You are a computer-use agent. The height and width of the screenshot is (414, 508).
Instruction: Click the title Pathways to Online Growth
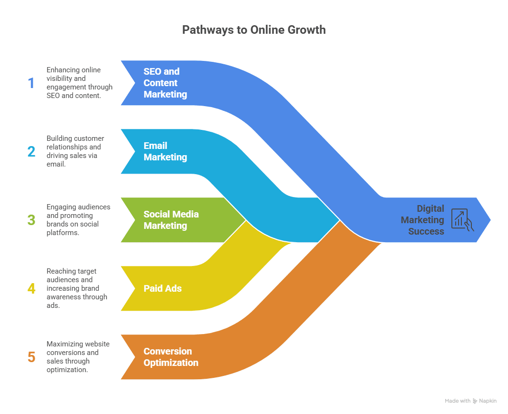point(254,30)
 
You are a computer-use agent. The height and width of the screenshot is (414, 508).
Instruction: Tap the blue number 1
point(31,83)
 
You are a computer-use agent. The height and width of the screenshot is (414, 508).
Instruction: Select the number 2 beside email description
point(31,152)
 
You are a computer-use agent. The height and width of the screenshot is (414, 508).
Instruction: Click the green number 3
point(31,220)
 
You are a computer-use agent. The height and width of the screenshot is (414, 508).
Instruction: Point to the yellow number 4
point(31,289)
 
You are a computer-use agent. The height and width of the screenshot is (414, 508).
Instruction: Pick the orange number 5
point(31,357)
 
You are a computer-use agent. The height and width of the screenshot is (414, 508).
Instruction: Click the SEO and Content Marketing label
point(165,83)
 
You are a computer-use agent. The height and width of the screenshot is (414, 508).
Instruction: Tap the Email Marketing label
point(165,151)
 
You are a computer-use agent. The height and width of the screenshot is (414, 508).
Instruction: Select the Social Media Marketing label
point(171,220)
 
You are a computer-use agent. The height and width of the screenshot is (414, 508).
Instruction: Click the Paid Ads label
point(163,288)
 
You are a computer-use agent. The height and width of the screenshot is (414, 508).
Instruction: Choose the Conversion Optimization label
point(171,357)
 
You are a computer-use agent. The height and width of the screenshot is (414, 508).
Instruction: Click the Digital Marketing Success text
point(422,220)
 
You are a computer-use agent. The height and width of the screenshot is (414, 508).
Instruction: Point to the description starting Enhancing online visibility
point(79,83)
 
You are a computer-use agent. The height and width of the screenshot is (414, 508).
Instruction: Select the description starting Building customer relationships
point(75,151)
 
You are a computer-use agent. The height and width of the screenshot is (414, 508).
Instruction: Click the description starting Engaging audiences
point(78,220)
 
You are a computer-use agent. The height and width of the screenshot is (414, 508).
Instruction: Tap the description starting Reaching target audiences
point(77,288)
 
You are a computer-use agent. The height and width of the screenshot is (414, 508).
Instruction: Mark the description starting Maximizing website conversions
point(78,357)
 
